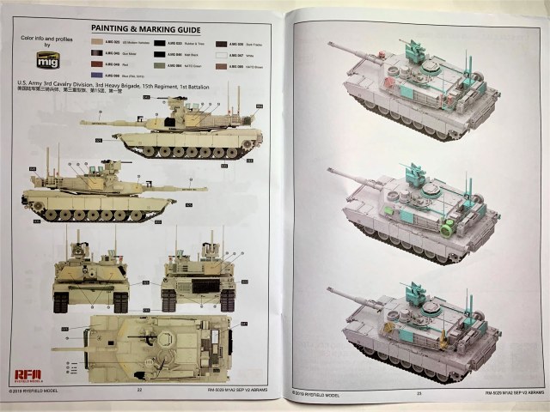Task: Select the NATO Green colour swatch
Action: pos(161,64)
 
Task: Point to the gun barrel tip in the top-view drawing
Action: pos(53,349)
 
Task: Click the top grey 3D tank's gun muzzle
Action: pos(329,45)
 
